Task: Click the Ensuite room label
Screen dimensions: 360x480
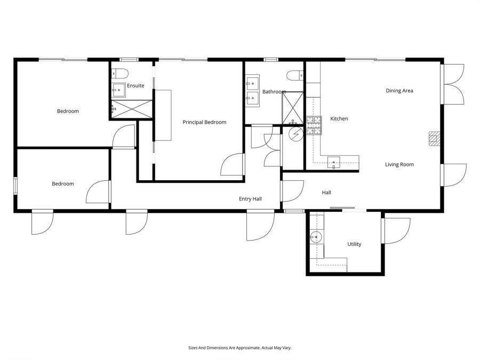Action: (x=135, y=85)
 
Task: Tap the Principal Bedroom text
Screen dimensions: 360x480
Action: (x=204, y=122)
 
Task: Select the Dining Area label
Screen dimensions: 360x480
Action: (x=399, y=91)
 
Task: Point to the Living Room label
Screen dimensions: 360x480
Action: (x=399, y=164)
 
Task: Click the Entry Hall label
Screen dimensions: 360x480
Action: (x=250, y=199)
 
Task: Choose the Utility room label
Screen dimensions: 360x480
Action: (x=354, y=244)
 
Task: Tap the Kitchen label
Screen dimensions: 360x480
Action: (x=339, y=118)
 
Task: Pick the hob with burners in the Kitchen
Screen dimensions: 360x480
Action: (x=313, y=124)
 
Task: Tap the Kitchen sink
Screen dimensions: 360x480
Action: (x=334, y=162)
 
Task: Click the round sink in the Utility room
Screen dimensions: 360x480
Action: (x=316, y=236)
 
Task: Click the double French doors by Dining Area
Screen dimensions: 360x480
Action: (x=453, y=84)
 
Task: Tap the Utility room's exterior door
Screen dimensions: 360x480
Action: (x=395, y=231)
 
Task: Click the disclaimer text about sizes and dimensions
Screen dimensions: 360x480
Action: (x=239, y=347)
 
